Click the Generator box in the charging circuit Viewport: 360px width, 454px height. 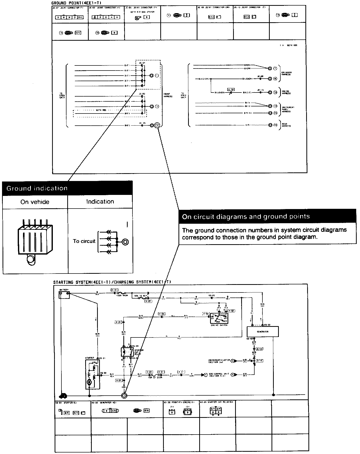pyautogui.click(x=262, y=331)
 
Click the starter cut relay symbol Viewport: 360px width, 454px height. pyautogui.click(x=127, y=352)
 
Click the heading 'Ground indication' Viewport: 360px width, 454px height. pyautogui.click(x=37, y=188)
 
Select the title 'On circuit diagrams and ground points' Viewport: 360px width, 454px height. pyautogui.click(x=246, y=217)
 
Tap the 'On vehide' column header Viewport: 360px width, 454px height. pyautogui.click(x=35, y=202)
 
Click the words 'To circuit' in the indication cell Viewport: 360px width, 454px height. pyautogui.click(x=84, y=241)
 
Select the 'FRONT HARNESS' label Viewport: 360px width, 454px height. pyautogui.click(x=168, y=95)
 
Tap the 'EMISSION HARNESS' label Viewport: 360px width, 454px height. pyautogui.click(x=286, y=74)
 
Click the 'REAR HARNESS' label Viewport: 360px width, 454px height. pyautogui.click(x=286, y=125)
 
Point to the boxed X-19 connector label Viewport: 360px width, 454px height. pyautogui.click(x=231, y=89)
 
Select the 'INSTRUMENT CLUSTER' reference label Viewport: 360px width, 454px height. pyautogui.click(x=219, y=361)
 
